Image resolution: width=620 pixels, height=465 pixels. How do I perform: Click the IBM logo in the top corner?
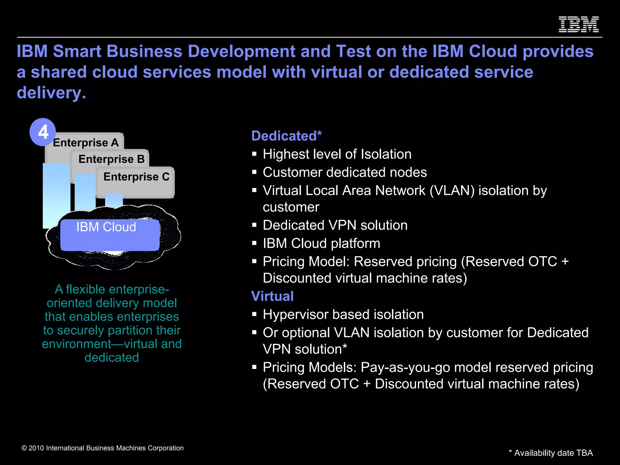(x=578, y=25)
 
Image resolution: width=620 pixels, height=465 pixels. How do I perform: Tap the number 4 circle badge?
(x=43, y=132)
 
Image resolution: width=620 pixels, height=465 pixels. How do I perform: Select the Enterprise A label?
(x=86, y=143)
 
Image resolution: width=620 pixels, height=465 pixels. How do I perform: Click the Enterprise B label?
(x=111, y=159)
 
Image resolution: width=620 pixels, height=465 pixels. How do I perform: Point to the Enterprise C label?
(x=136, y=176)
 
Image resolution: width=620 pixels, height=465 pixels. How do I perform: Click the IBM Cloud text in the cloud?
(x=106, y=227)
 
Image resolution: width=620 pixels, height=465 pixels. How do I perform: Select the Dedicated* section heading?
(x=286, y=136)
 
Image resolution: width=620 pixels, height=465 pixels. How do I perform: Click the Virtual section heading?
(x=272, y=296)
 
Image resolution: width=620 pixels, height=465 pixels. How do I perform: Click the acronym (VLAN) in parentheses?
(x=452, y=191)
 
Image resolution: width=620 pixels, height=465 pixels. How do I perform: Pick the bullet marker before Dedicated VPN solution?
(x=254, y=225)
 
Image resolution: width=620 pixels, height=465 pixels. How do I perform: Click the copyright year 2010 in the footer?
(x=36, y=448)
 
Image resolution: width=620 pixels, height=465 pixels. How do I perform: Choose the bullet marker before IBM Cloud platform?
(x=254, y=243)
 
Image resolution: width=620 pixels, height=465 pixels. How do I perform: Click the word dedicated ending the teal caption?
(x=112, y=358)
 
